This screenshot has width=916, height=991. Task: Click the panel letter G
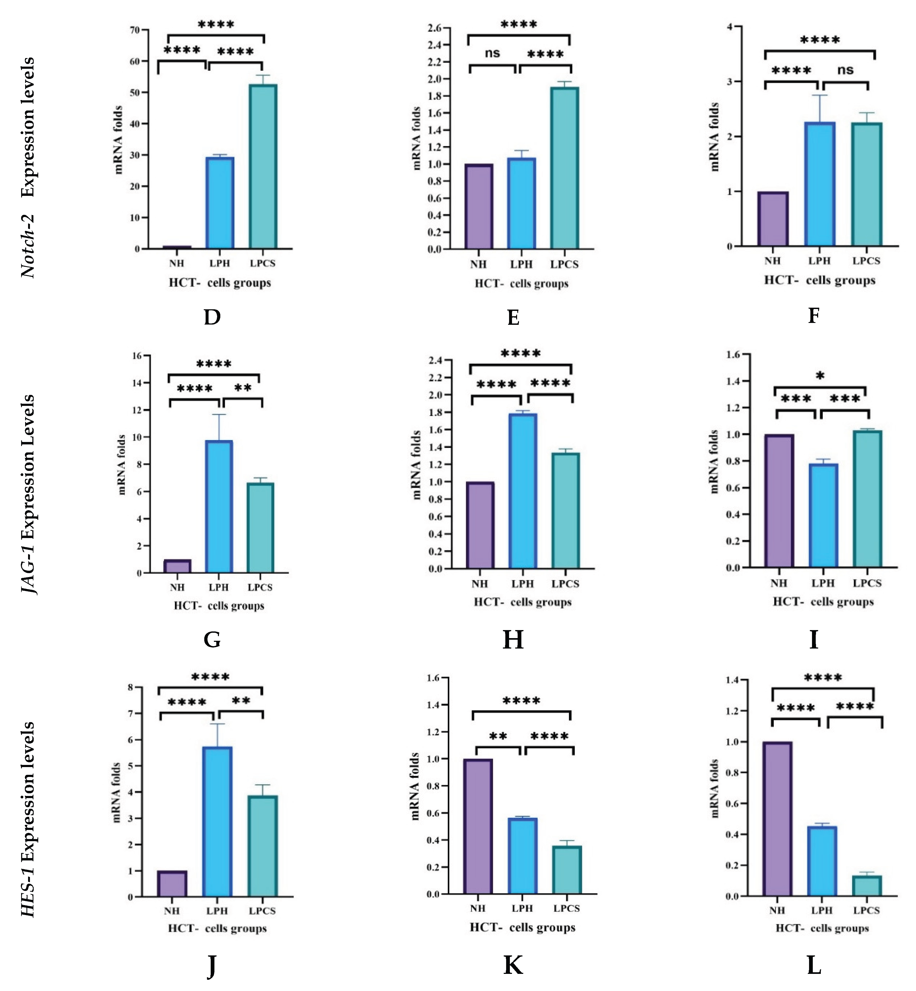pyautogui.click(x=212, y=639)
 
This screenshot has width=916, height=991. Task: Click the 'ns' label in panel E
pyautogui.click(x=492, y=53)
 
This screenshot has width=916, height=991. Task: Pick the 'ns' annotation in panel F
pyautogui.click(x=846, y=70)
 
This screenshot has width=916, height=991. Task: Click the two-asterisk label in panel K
pyautogui.click(x=498, y=736)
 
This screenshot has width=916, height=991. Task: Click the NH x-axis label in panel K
pyautogui.click(x=478, y=908)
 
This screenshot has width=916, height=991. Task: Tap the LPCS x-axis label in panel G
pyautogui.click(x=260, y=587)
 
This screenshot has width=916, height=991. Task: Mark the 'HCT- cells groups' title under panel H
pyautogui.click(x=522, y=602)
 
